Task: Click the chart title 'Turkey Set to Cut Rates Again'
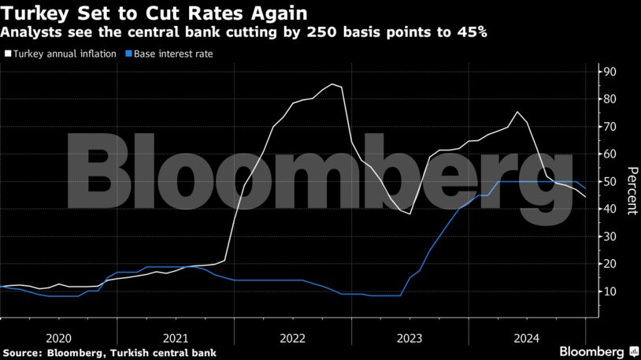[x=154, y=13]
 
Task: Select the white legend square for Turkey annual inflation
[x=8, y=54]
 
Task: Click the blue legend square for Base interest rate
[x=128, y=54]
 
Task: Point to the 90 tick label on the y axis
[x=610, y=72]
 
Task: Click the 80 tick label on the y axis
[x=610, y=99]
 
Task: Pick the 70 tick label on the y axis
[x=610, y=127]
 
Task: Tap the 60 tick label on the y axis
[x=610, y=154]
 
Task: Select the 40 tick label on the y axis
[x=610, y=209]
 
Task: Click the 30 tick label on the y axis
[x=610, y=236]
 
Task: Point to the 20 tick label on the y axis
[x=610, y=264]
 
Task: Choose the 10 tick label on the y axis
[x=610, y=291]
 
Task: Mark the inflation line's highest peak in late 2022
[x=332, y=84]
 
